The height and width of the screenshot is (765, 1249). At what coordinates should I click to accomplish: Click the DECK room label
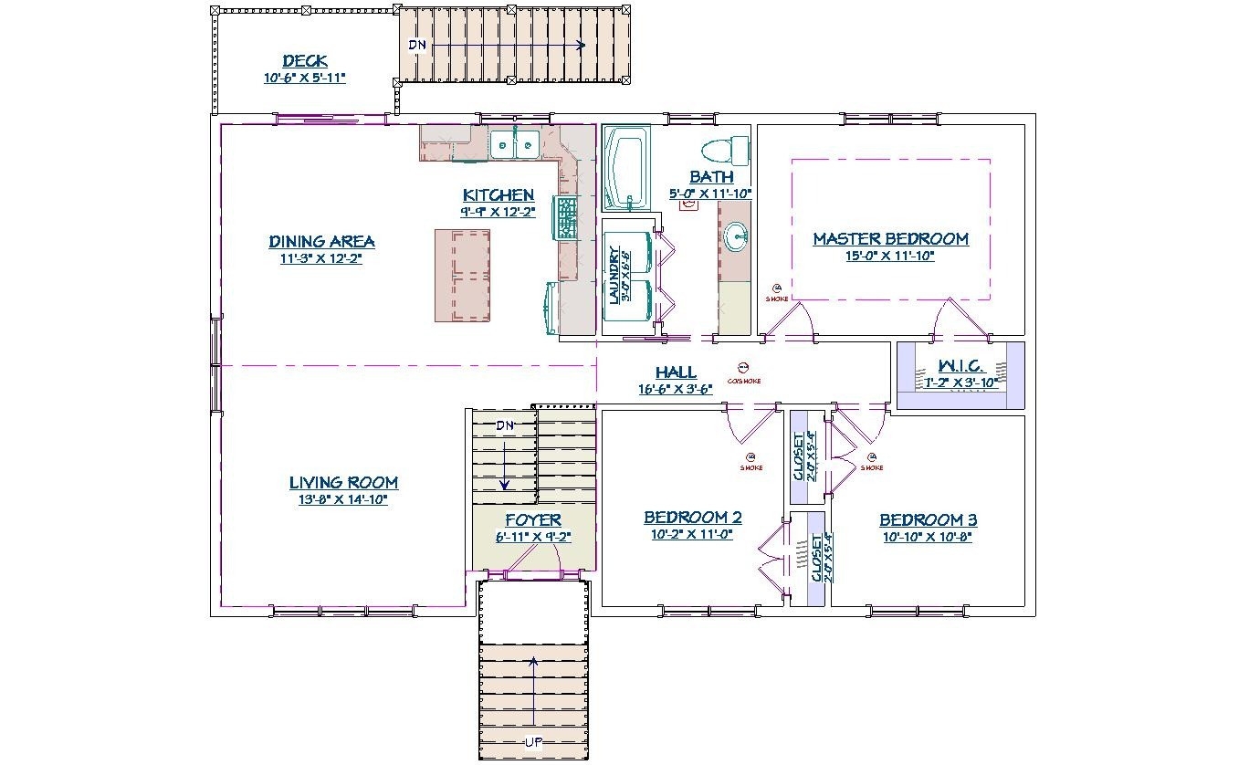tap(305, 61)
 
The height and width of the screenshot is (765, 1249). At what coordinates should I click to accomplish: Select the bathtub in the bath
tap(625, 168)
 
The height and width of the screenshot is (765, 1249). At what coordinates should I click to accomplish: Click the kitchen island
tap(462, 275)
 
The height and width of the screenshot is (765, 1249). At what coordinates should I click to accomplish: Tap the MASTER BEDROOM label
tap(890, 239)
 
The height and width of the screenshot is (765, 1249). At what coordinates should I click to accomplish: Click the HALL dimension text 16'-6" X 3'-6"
tap(676, 389)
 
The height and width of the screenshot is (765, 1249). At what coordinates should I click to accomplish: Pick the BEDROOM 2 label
tap(692, 518)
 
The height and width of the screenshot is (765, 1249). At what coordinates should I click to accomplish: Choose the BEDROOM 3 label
tap(928, 520)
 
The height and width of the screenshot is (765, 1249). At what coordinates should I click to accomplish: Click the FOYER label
tap(533, 520)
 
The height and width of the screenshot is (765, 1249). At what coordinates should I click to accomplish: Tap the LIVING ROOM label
tap(343, 483)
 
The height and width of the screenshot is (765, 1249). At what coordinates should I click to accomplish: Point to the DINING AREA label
tap(321, 242)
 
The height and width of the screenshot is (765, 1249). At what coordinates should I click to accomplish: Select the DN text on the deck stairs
tap(416, 45)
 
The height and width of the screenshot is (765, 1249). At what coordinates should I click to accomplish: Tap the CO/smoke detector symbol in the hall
tap(742, 369)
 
